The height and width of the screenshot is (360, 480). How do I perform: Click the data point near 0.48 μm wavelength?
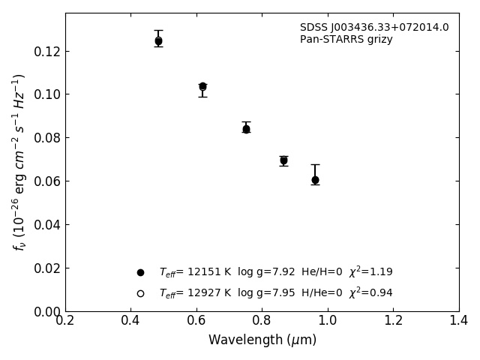click(158, 41)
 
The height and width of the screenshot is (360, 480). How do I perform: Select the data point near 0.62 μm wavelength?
click(202, 87)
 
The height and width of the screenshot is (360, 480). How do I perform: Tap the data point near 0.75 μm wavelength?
click(246, 129)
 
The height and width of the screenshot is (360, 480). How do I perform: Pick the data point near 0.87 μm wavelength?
click(283, 160)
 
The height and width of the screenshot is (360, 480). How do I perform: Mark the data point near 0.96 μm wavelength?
click(315, 180)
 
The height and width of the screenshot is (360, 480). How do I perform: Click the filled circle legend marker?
click(140, 272)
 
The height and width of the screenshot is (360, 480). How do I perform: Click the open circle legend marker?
click(140, 293)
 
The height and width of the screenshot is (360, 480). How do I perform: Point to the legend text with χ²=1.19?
click(275, 272)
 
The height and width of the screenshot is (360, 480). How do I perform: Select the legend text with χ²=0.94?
click(275, 293)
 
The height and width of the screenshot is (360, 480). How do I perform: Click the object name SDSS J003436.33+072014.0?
click(374, 28)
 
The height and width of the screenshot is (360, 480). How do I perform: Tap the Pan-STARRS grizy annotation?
click(346, 40)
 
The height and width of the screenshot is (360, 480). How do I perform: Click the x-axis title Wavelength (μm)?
click(262, 340)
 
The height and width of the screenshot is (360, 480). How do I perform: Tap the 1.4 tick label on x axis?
click(459, 320)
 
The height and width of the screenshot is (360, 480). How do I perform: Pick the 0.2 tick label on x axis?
click(65, 320)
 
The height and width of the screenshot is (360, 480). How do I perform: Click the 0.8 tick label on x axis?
click(262, 320)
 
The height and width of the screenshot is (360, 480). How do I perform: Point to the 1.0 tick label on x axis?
click(328, 320)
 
